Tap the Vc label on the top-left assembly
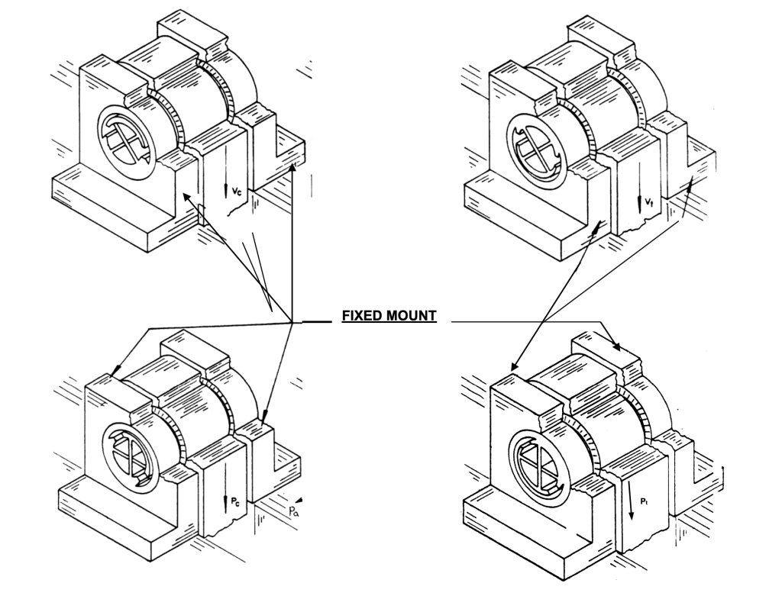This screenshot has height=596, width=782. (x=237, y=190)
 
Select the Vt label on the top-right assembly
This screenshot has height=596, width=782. (x=648, y=201)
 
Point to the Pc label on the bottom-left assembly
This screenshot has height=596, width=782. (x=235, y=503)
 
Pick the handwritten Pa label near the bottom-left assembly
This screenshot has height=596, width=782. (x=293, y=511)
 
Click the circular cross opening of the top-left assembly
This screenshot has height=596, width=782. (x=127, y=136)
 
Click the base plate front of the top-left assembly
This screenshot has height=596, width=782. (x=100, y=216)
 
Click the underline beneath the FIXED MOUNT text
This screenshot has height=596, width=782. (x=389, y=322)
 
